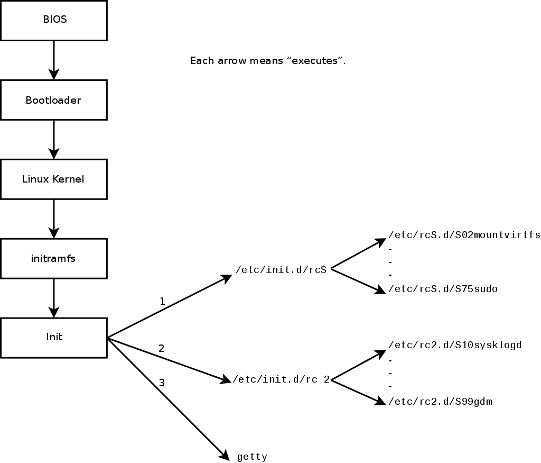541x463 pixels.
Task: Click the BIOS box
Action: (54, 20)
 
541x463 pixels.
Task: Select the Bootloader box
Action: (54, 99)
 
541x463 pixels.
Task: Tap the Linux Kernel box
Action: (54, 179)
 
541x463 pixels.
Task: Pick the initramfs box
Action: (54, 258)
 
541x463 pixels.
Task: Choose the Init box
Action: (54, 337)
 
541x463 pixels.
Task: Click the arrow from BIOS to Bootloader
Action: (54, 60)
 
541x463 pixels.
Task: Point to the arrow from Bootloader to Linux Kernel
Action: (54, 139)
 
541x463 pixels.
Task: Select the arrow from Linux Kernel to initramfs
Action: (54, 219)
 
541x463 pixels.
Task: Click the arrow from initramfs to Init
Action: (54, 298)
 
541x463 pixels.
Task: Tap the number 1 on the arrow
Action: (162, 302)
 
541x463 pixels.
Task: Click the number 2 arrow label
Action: (161, 348)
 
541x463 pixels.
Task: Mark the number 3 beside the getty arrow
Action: (162, 382)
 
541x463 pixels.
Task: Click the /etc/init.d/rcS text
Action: (281, 270)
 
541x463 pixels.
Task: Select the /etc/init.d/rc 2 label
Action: (281, 379)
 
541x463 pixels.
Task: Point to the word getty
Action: (252, 456)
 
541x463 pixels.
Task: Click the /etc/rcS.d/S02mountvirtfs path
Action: (464, 235)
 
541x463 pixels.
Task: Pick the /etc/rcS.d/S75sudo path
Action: (443, 289)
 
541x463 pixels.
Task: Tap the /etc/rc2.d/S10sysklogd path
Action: (455, 345)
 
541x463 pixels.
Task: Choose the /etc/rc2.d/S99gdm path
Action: (440, 402)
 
